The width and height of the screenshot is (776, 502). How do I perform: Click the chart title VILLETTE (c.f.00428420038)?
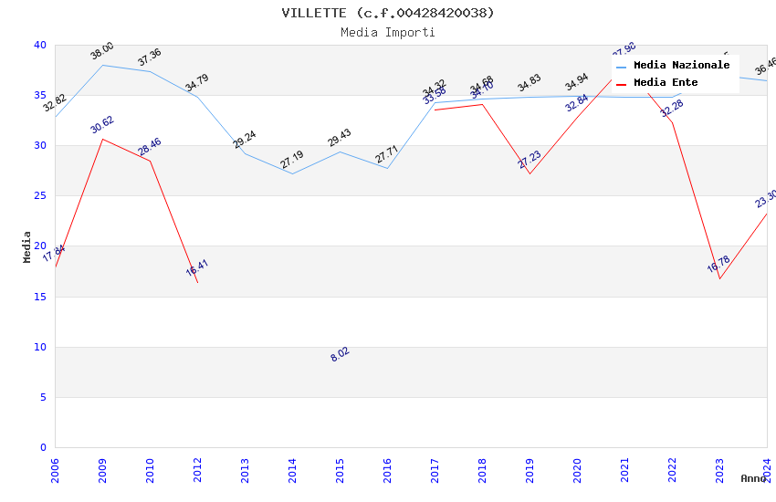[x=388, y=13]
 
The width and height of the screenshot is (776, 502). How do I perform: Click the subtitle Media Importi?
[x=388, y=33]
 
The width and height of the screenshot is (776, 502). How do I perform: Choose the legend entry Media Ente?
[x=666, y=82]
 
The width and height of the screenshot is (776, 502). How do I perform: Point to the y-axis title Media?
[x=27, y=246]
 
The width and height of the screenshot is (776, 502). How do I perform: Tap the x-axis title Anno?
[x=753, y=478]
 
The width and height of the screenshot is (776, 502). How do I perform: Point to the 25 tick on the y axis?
[x=40, y=195]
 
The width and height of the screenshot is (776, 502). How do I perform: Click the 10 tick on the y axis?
[x=40, y=347]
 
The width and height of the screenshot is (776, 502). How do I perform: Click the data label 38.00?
[x=102, y=51]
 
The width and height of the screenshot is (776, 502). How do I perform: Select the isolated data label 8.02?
[x=340, y=355]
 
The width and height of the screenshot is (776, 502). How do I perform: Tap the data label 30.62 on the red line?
[x=102, y=125]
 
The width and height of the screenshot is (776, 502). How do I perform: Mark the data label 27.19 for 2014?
[x=292, y=161]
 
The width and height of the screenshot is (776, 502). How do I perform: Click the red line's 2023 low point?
[x=719, y=278]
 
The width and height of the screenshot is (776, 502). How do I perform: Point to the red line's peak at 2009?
[x=102, y=139]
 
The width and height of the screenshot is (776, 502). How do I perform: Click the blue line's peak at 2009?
[x=102, y=65]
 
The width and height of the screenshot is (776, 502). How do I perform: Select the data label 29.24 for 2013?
[x=245, y=140]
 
